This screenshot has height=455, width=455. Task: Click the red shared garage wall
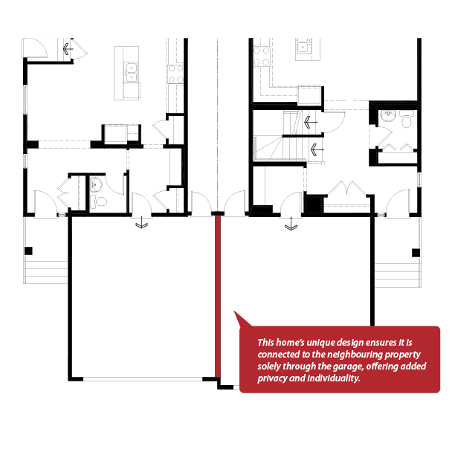[x=218, y=297]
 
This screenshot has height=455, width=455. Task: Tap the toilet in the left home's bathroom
[x=100, y=201]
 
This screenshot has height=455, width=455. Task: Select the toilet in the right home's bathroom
[x=407, y=120]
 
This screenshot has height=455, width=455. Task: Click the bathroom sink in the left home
[x=96, y=184]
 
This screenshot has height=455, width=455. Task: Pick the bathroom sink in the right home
[x=388, y=116]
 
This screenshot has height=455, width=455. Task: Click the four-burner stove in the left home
[x=176, y=74]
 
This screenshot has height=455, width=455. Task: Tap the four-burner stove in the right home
[x=262, y=57]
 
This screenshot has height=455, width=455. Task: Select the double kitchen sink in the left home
[x=131, y=72]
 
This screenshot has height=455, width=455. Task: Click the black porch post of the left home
[x=28, y=251]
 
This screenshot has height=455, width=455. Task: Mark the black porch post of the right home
[x=416, y=253]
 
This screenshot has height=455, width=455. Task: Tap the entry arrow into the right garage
[x=291, y=224]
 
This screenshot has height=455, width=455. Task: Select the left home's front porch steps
[x=46, y=272]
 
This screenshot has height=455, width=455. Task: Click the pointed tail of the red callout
[x=234, y=312]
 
